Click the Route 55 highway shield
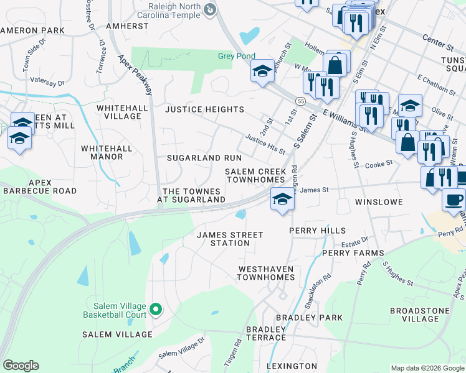pos(301,101)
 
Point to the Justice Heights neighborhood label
pos(204,109)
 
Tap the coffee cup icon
pos(453,200)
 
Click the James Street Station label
pos(229,239)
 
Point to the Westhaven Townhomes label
pos(265,273)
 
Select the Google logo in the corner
pos(21,366)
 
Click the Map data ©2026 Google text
pos(427,368)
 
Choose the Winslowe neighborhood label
pos(379,202)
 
